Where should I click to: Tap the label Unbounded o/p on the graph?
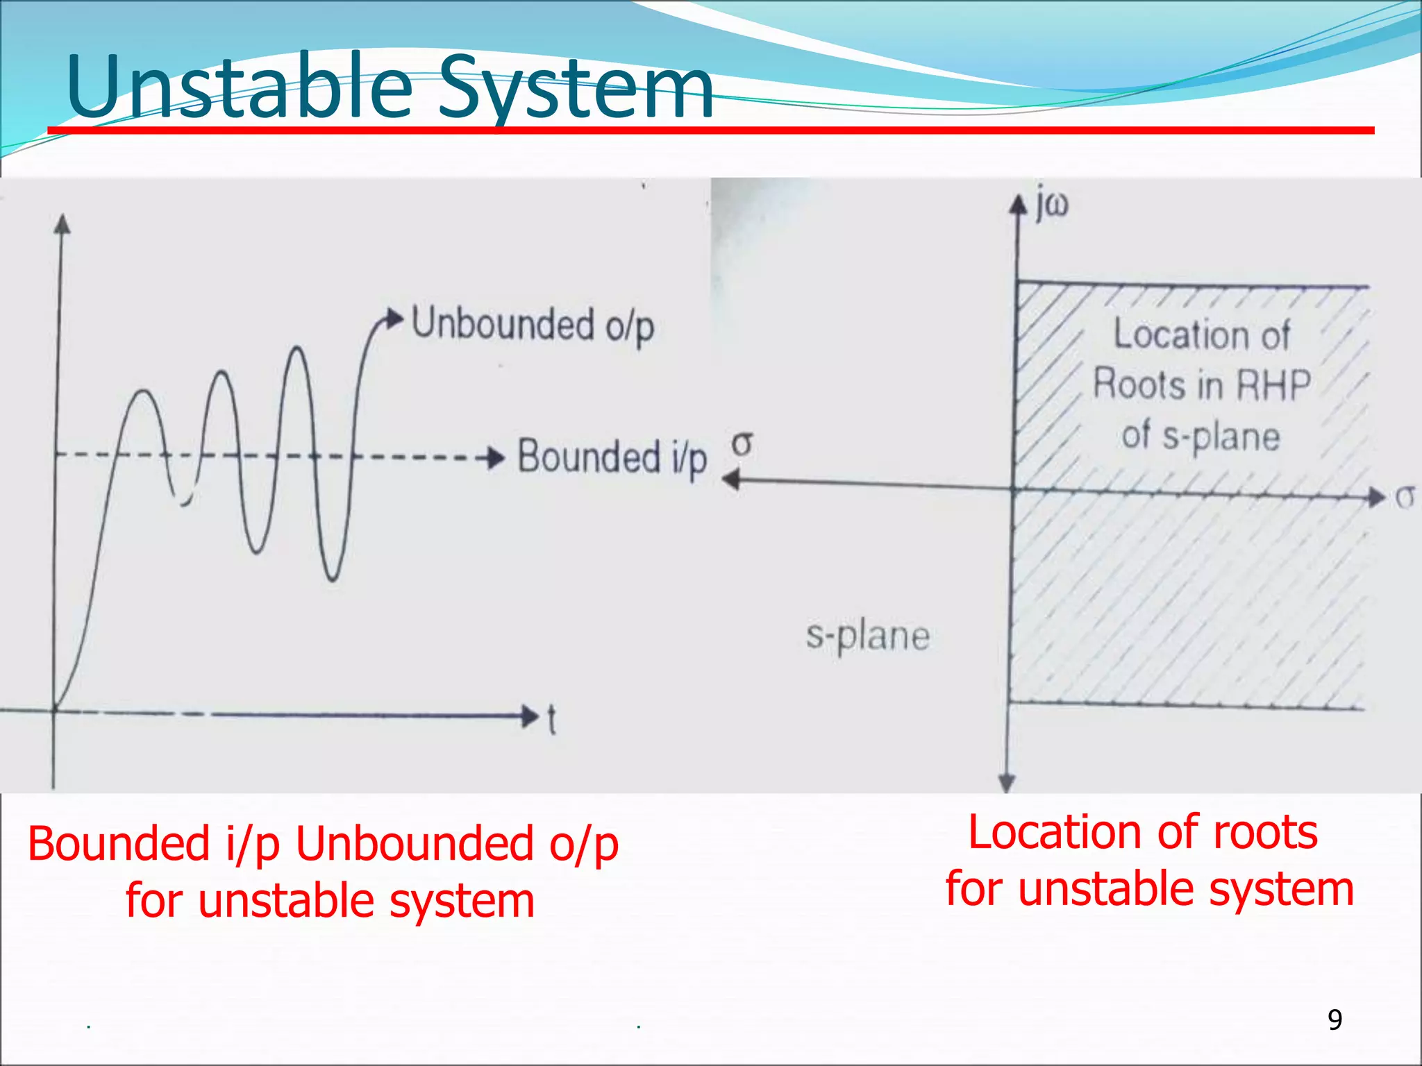click(x=533, y=324)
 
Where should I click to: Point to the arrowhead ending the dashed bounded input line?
click(x=496, y=458)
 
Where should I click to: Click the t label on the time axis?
click(x=551, y=720)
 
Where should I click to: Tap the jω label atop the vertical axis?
click(x=1052, y=205)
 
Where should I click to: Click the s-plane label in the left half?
click(x=867, y=635)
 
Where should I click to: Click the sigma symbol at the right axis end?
click(x=1404, y=497)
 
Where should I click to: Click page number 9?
click(x=1335, y=1020)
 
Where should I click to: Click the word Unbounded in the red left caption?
click(x=415, y=844)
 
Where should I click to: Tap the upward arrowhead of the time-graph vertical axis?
click(x=62, y=223)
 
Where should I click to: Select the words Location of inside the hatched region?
click(x=1201, y=335)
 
